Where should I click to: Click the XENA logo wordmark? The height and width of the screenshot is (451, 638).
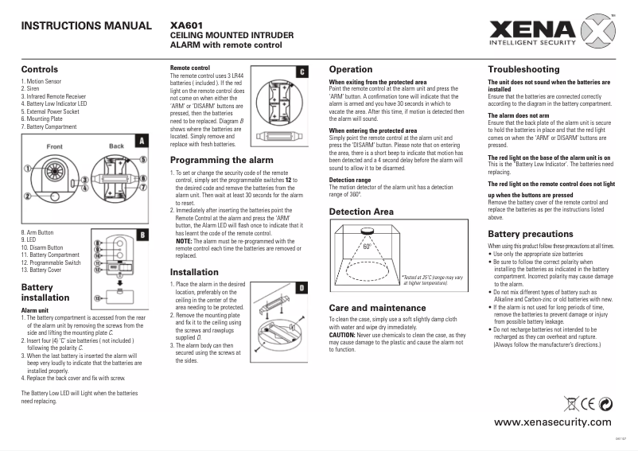[x=526, y=31]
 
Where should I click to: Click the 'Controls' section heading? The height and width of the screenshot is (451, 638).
[x=40, y=69]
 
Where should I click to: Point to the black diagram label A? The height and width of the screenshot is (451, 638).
[x=141, y=141]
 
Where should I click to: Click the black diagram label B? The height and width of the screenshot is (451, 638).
[x=141, y=235]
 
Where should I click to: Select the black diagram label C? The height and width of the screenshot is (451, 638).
[x=302, y=72]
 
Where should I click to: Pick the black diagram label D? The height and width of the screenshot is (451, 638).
[x=302, y=286]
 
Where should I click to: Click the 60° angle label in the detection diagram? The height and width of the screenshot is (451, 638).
[x=367, y=247]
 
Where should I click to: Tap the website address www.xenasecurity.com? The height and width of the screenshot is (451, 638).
[x=553, y=422]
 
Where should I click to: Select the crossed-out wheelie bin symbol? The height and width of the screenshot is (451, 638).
[x=569, y=401]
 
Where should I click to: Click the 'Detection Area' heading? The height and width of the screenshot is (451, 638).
[x=361, y=212]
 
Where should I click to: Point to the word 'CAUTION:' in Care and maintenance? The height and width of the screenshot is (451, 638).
[x=344, y=335]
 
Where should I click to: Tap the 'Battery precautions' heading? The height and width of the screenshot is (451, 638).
[x=529, y=234]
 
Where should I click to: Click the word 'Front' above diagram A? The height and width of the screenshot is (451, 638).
[x=55, y=147]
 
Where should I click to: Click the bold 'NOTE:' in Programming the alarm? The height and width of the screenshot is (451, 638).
[x=184, y=240]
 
